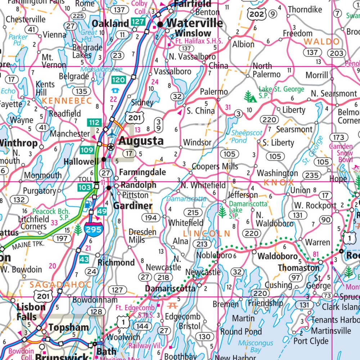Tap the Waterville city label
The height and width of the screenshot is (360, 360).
click(x=195, y=23)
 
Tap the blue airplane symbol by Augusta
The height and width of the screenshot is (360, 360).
click(x=113, y=133)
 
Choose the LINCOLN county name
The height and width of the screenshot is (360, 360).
click(x=206, y=234)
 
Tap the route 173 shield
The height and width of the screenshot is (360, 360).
click(x=338, y=137)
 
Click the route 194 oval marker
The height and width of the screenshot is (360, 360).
click(x=151, y=217)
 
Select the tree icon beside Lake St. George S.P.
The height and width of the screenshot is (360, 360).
click(x=250, y=97)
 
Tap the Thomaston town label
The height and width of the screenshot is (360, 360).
click(x=298, y=268)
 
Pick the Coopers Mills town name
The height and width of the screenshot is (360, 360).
click(x=215, y=166)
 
